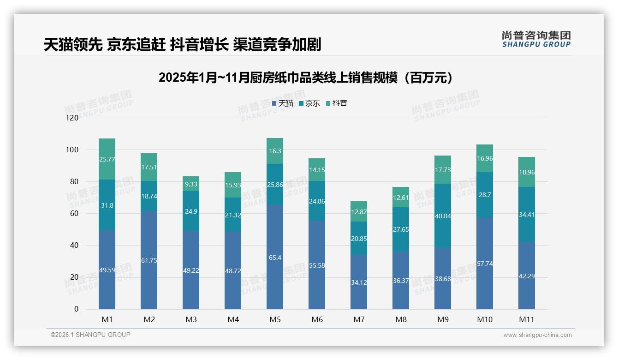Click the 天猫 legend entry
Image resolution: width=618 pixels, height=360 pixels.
coord(282,103)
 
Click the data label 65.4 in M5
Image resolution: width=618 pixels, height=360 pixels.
coord(275,258)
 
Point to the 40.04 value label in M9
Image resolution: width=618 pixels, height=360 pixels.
coord(443,216)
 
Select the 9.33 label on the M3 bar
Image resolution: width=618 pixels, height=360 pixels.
coord(191,184)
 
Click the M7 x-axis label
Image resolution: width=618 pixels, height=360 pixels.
coord(359,319)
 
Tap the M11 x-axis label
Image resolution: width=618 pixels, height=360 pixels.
coord(527,319)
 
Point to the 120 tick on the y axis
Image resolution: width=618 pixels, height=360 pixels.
coord(72,118)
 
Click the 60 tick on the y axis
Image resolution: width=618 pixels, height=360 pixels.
coord(74,213)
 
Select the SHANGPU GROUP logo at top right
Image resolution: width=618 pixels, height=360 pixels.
coord(536,39)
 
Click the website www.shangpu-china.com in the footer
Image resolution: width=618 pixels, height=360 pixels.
coord(537,335)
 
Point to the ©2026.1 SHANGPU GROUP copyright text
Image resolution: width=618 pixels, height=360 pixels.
coord(90,335)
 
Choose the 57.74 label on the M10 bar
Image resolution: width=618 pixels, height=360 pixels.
coord(485,264)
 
